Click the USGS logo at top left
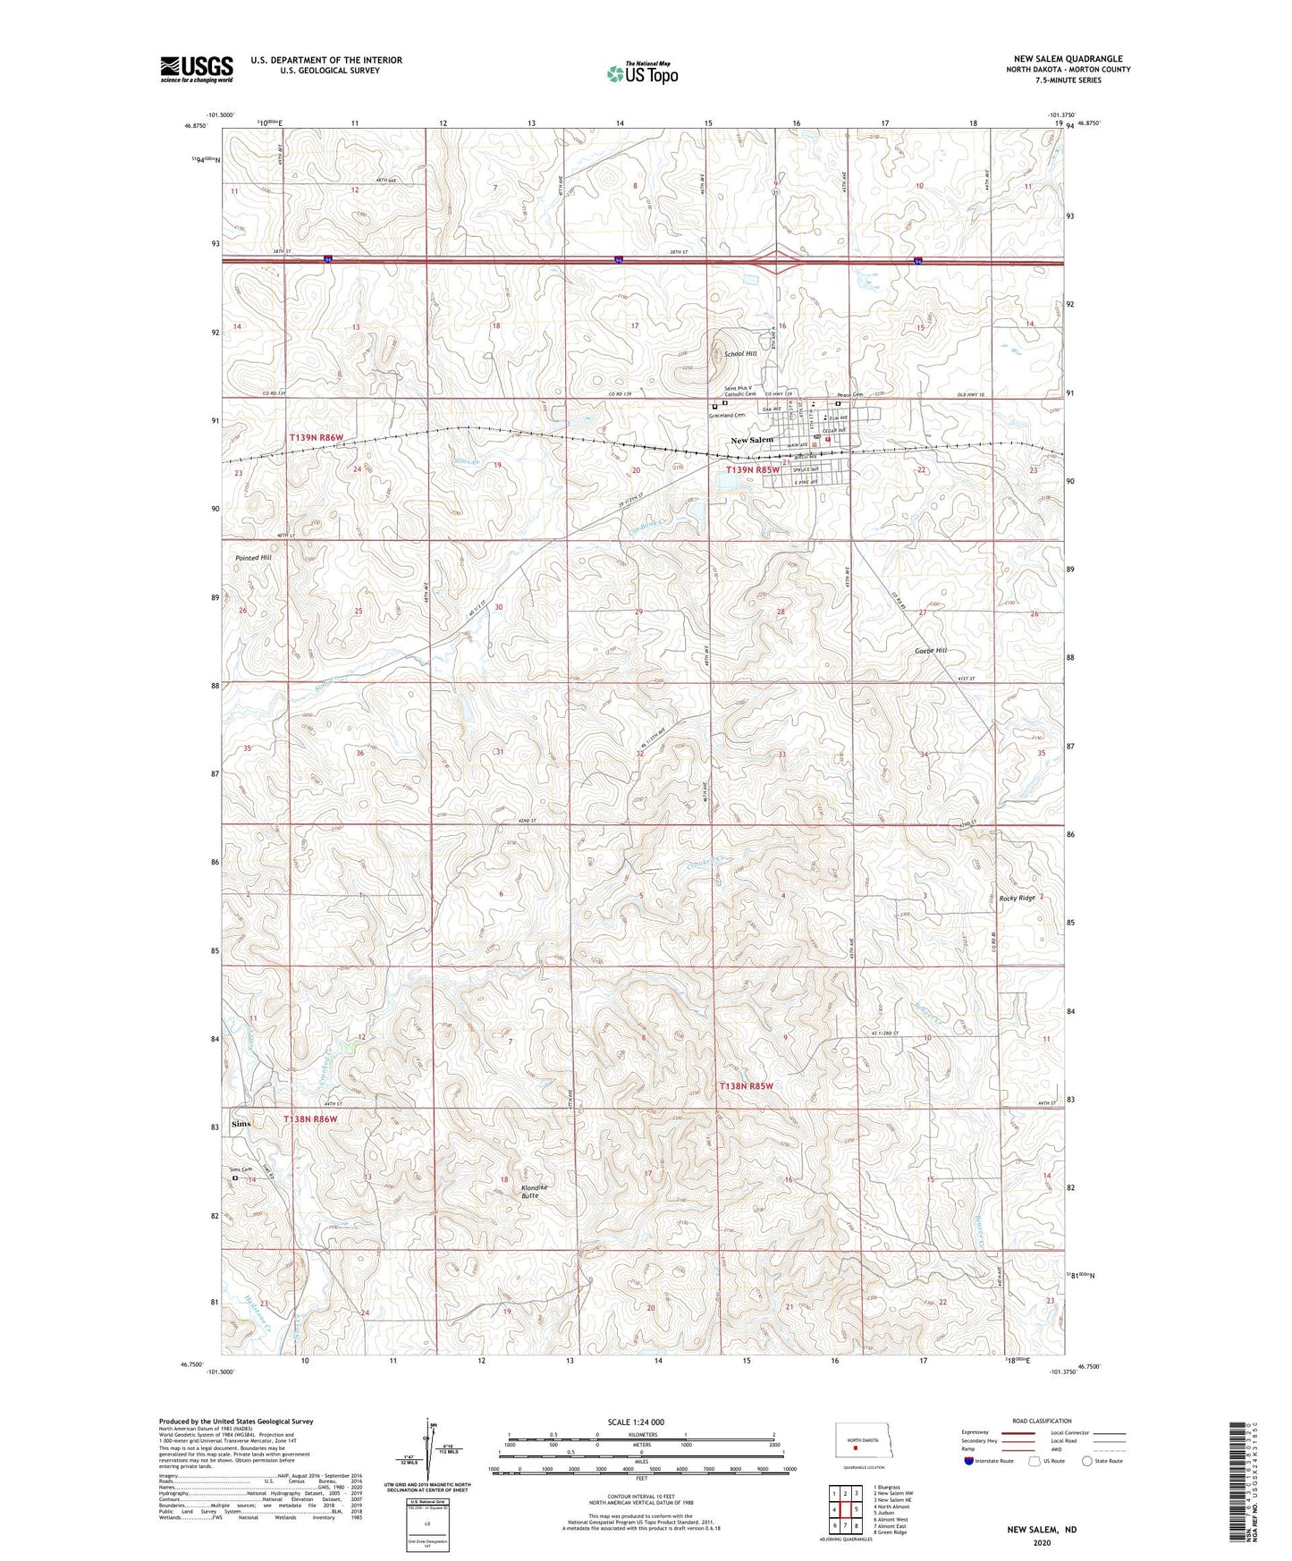point(197,69)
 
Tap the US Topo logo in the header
point(641,72)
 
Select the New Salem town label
point(752,440)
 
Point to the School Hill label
point(740,354)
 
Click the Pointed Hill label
point(253,558)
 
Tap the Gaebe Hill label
point(930,651)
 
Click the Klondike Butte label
point(535,1191)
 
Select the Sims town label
point(241,1123)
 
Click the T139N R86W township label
point(317,437)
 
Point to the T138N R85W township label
point(747,1085)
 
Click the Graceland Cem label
point(726,416)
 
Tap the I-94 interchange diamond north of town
point(776,262)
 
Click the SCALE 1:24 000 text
point(635,1422)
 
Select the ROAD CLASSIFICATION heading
point(1042,1421)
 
